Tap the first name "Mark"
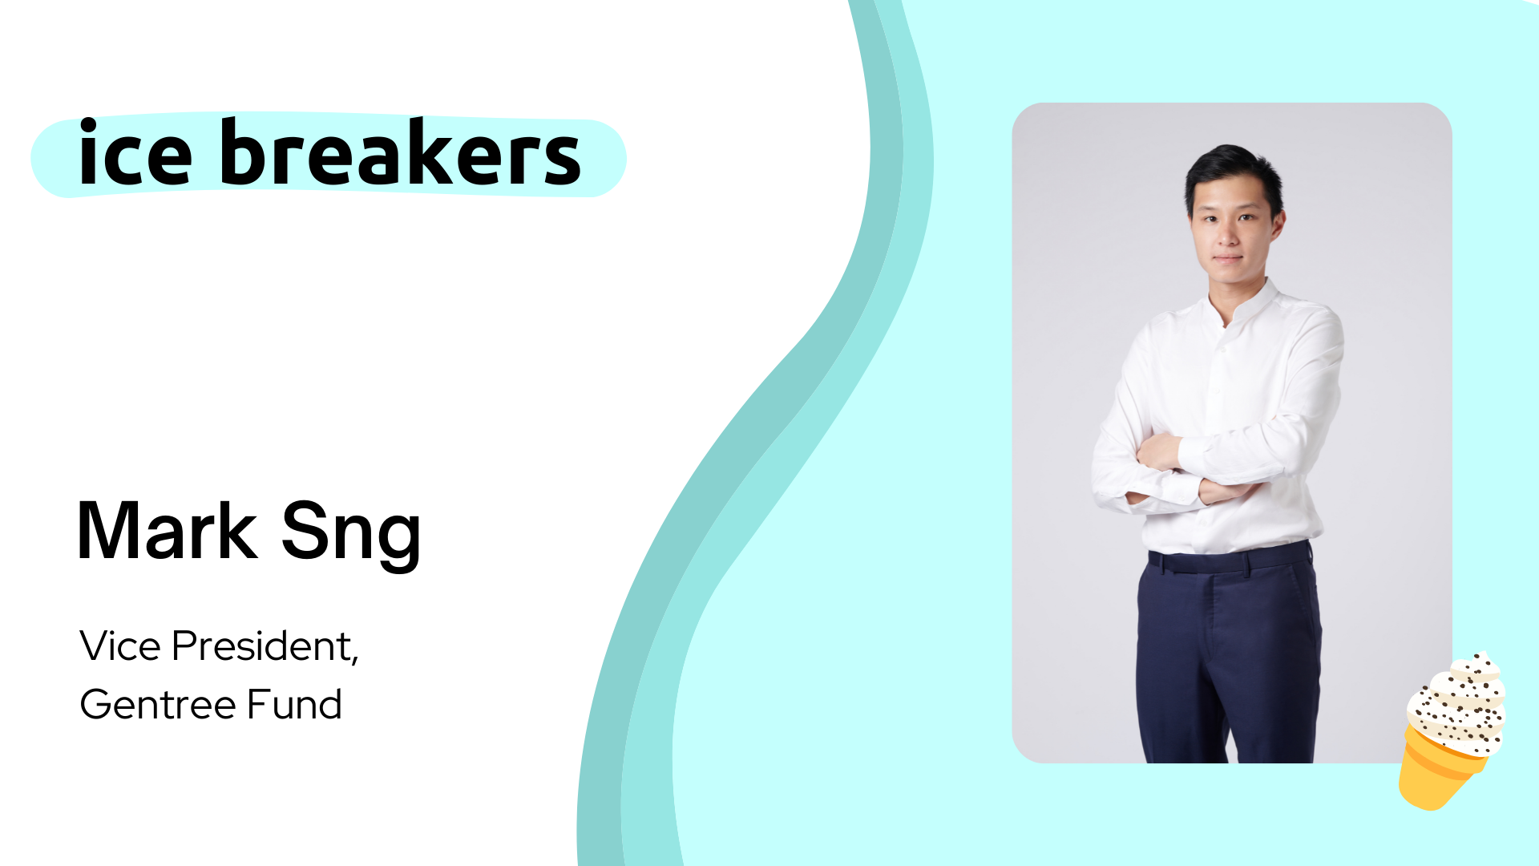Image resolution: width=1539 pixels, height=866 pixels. (x=167, y=530)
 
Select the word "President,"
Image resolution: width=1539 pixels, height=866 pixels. (x=265, y=646)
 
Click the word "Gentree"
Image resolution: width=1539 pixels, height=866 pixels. (x=158, y=705)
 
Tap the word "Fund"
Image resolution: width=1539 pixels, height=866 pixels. (x=294, y=705)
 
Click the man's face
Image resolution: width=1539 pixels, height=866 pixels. (x=1232, y=229)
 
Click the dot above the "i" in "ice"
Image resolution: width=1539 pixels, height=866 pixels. (x=88, y=124)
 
